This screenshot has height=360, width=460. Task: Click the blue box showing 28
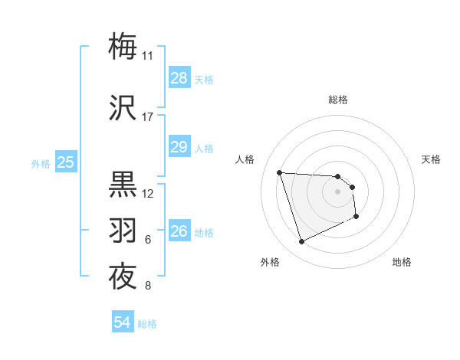click(x=179, y=78)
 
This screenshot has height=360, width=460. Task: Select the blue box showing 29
click(x=179, y=147)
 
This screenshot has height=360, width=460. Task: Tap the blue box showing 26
click(x=179, y=231)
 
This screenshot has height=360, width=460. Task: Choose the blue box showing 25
click(x=65, y=162)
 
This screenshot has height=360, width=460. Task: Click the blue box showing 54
click(x=122, y=323)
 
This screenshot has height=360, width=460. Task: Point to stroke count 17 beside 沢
click(x=147, y=117)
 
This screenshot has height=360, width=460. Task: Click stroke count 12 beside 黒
click(x=148, y=193)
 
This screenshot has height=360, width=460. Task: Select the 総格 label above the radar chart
click(x=337, y=100)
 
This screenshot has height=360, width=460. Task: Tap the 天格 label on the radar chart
click(x=431, y=159)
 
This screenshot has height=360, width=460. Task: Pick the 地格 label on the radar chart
click(x=402, y=262)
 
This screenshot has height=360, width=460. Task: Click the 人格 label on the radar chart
click(x=245, y=159)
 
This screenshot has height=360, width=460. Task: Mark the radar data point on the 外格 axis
click(x=301, y=242)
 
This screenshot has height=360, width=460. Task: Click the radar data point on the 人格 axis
click(x=280, y=172)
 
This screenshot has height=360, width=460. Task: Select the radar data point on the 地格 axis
click(x=356, y=217)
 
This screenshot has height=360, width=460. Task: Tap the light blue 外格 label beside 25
click(x=41, y=163)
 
